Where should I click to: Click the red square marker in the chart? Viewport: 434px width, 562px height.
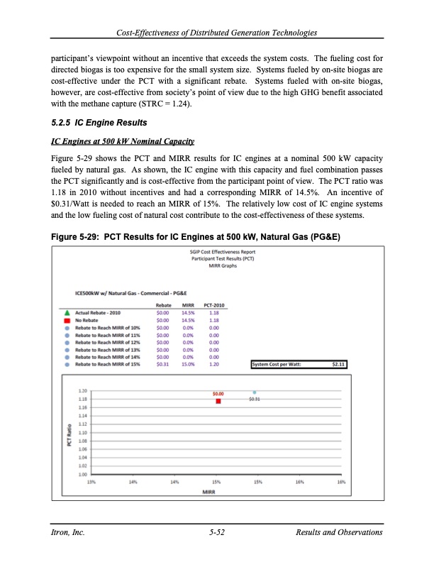[218, 401]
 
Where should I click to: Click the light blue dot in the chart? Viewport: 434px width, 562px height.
[255, 392]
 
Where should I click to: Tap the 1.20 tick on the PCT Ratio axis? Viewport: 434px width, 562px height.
[84, 391]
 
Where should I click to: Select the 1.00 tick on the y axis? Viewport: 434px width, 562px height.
[84, 474]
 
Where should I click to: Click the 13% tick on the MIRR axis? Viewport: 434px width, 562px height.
[91, 482]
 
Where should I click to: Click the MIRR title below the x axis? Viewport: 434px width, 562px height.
[209, 490]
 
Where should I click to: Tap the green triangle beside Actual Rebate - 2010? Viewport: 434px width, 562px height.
[67, 331]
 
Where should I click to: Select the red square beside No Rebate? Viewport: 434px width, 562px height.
[67, 338]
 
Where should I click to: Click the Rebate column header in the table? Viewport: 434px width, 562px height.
[162, 325]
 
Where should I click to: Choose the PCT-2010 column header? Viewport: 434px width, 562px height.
[214, 325]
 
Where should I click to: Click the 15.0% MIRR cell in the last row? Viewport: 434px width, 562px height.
[188, 365]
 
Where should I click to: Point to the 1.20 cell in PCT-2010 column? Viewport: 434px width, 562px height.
[213, 365]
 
